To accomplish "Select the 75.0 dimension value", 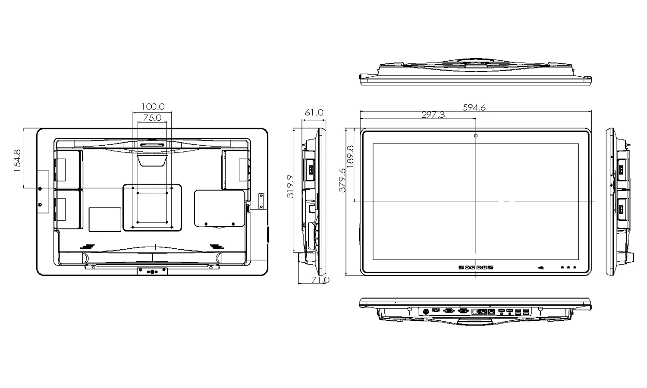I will coord(152,117).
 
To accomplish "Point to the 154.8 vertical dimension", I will coord(17,161).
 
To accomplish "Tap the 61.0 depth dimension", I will coord(314,113).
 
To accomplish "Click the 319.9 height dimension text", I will coord(290,186).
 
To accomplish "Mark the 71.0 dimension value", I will coord(320,280).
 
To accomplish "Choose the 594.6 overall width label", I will coord(474,107).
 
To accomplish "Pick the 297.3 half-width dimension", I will coord(433,115).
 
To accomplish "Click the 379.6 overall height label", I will coord(342,180).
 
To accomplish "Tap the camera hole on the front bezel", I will coord(476,136).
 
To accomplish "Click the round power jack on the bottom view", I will coord(426,311).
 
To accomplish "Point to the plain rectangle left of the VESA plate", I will coord(105,219).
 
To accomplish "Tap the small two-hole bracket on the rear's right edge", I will coord(261,201).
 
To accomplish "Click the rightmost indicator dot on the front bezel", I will coord(575,267).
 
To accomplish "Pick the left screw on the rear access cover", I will coord(206,223).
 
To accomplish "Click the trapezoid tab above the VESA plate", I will coord(152,159).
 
